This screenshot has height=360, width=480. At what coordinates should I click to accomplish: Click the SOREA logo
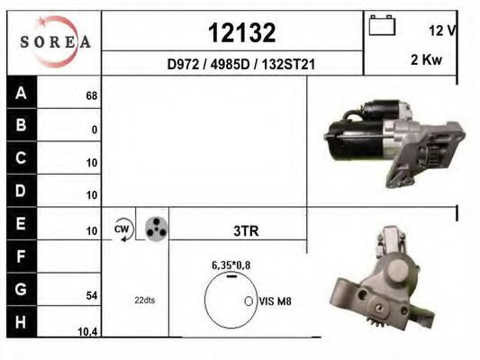pyautogui.click(x=56, y=41)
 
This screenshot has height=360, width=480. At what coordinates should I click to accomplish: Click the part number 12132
pyautogui.click(x=242, y=32)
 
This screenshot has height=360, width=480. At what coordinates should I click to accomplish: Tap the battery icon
pyautogui.click(x=382, y=25)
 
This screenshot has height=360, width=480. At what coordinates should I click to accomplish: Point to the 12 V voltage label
pyautogui.click(x=442, y=31)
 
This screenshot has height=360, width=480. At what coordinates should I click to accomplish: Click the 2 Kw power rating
pyautogui.click(x=427, y=59)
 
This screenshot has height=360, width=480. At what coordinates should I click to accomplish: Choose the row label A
pyautogui.click(x=21, y=93)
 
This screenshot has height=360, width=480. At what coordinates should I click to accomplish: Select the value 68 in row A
pyautogui.click(x=92, y=96)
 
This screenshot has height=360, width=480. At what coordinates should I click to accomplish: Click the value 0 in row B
pyautogui.click(x=95, y=130)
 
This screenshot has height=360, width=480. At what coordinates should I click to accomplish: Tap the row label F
pyautogui.click(x=21, y=256)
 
